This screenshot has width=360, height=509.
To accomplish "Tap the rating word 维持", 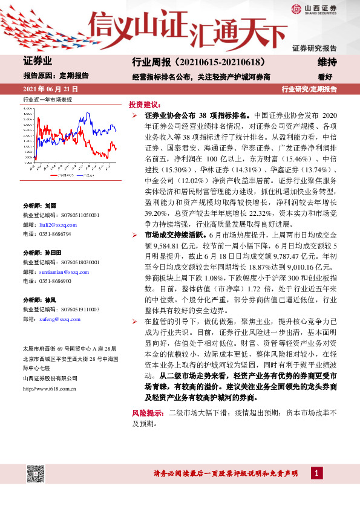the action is [x=327, y=62].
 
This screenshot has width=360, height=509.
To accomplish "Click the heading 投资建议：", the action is [x=145, y=104].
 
